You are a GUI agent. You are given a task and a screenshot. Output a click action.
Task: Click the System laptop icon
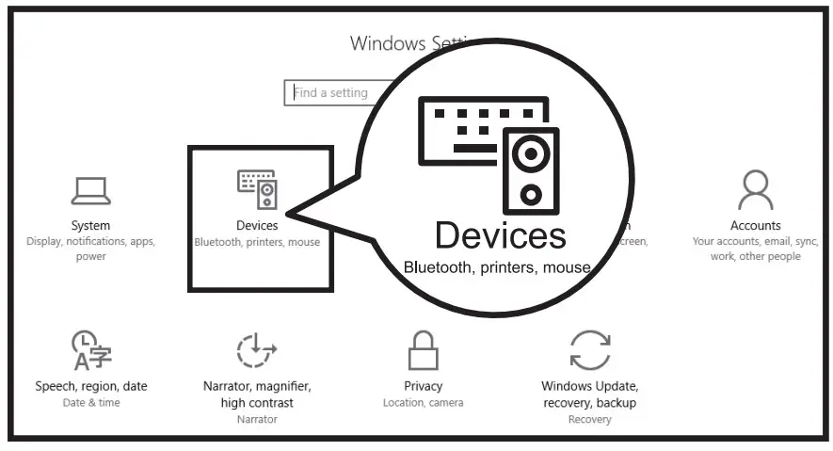point(90,190)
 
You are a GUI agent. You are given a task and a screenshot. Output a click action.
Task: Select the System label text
point(90,226)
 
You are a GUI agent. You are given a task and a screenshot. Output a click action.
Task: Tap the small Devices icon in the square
point(257,189)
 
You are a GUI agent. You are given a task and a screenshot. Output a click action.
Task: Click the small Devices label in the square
point(257,226)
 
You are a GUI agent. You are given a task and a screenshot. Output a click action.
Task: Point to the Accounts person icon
point(755,189)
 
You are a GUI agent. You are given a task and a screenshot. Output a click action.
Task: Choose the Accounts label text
point(755,226)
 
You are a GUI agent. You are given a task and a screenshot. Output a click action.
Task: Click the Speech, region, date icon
point(90,350)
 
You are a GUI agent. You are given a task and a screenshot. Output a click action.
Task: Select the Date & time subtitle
point(90,403)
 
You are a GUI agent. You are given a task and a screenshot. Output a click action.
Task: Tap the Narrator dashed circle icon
point(257,350)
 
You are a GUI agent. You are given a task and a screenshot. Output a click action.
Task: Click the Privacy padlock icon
point(424,350)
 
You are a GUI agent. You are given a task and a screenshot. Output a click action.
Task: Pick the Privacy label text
point(424,386)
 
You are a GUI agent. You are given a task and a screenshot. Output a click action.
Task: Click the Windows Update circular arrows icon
point(590,350)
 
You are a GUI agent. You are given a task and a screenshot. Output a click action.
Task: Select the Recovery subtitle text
point(590,419)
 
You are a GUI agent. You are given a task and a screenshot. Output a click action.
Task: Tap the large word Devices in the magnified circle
point(500,234)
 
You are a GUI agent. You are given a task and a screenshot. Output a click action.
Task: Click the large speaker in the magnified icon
point(530,169)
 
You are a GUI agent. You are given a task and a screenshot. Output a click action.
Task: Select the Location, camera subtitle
point(424,403)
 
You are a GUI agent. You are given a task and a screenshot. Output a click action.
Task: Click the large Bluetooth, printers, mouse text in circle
point(496,267)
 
